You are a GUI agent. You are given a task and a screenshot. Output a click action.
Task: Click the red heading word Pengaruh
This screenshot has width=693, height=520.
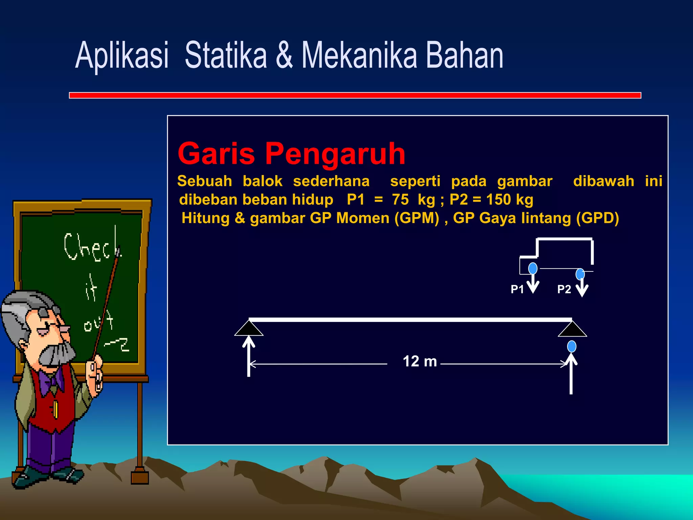pyautogui.click(x=335, y=154)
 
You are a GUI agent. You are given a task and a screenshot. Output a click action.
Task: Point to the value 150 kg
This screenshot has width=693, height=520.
pyautogui.click(x=510, y=200)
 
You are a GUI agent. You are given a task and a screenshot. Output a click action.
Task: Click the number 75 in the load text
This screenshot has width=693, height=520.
pyautogui.click(x=400, y=200)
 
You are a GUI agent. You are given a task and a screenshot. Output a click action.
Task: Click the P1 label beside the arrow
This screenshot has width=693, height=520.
pyautogui.click(x=517, y=289)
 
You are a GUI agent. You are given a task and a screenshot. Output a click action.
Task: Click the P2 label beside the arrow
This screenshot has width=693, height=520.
pyautogui.click(x=564, y=289)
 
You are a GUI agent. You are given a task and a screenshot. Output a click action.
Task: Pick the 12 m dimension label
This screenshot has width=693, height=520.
pyautogui.click(x=420, y=362)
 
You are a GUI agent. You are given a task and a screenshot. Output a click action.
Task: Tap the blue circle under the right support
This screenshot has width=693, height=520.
pyautogui.click(x=572, y=347)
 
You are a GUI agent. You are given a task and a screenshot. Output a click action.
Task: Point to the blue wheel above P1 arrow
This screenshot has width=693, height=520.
pyautogui.click(x=533, y=268)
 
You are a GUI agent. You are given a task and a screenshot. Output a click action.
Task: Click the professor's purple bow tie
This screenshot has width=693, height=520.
pyautogui.click(x=51, y=381)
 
